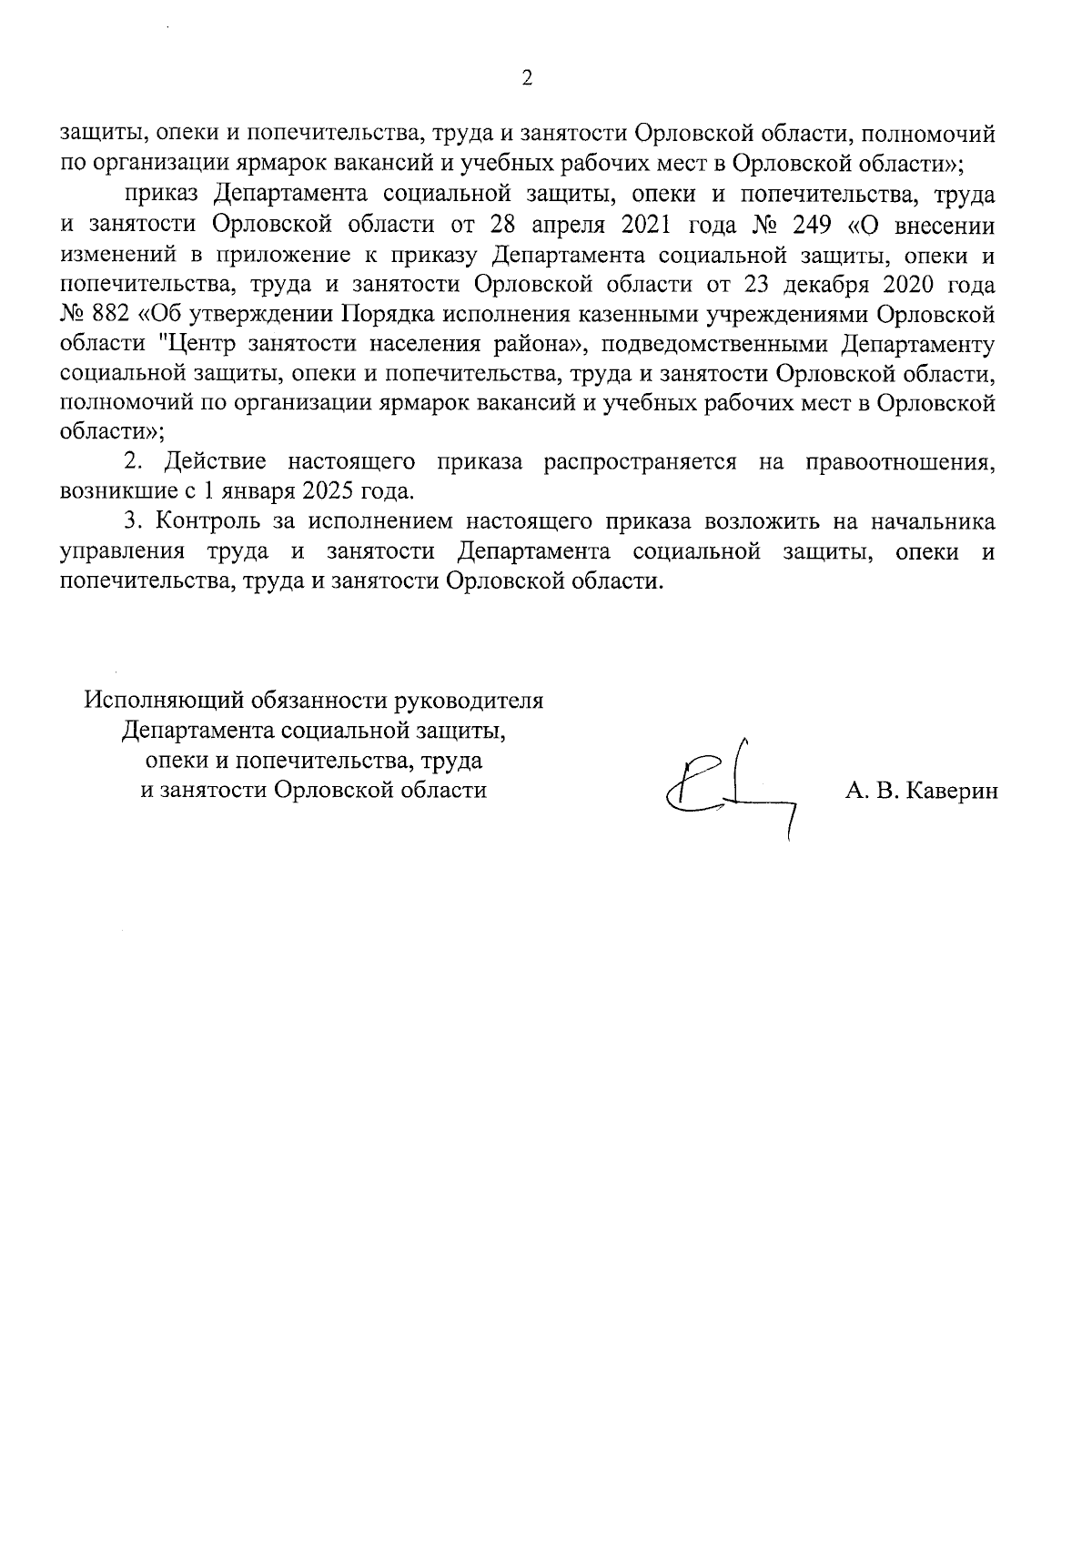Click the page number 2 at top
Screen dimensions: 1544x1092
tap(527, 78)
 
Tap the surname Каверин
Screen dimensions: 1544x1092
tap(949, 792)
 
